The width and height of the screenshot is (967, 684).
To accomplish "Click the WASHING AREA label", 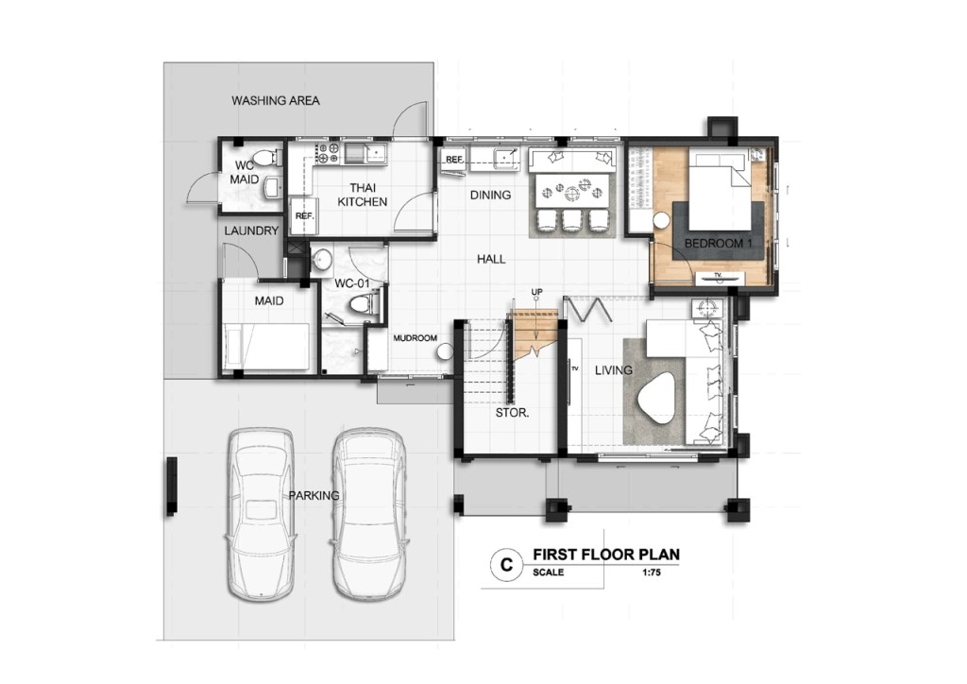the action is (x=276, y=100).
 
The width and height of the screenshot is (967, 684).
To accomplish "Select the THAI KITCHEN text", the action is (x=363, y=195).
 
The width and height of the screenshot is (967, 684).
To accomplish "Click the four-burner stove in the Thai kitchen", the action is (x=328, y=154).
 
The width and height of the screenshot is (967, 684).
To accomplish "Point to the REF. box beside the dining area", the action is (x=454, y=160).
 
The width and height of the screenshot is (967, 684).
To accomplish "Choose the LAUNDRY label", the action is (x=251, y=231).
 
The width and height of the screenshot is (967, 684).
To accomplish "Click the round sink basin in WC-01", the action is (x=320, y=260).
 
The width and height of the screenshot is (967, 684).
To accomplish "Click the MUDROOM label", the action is (x=416, y=338).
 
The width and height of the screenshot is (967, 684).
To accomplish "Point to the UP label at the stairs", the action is (x=536, y=292).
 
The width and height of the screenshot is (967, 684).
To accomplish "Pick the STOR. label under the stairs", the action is (x=512, y=413).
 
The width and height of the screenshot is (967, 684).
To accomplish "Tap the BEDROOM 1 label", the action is (x=719, y=244).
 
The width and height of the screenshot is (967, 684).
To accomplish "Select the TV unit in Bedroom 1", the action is (x=718, y=278).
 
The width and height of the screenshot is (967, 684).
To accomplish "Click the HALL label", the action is (x=491, y=259).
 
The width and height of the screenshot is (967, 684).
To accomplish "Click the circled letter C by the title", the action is (x=506, y=564).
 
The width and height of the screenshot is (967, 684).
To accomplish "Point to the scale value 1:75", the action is (x=652, y=573).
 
